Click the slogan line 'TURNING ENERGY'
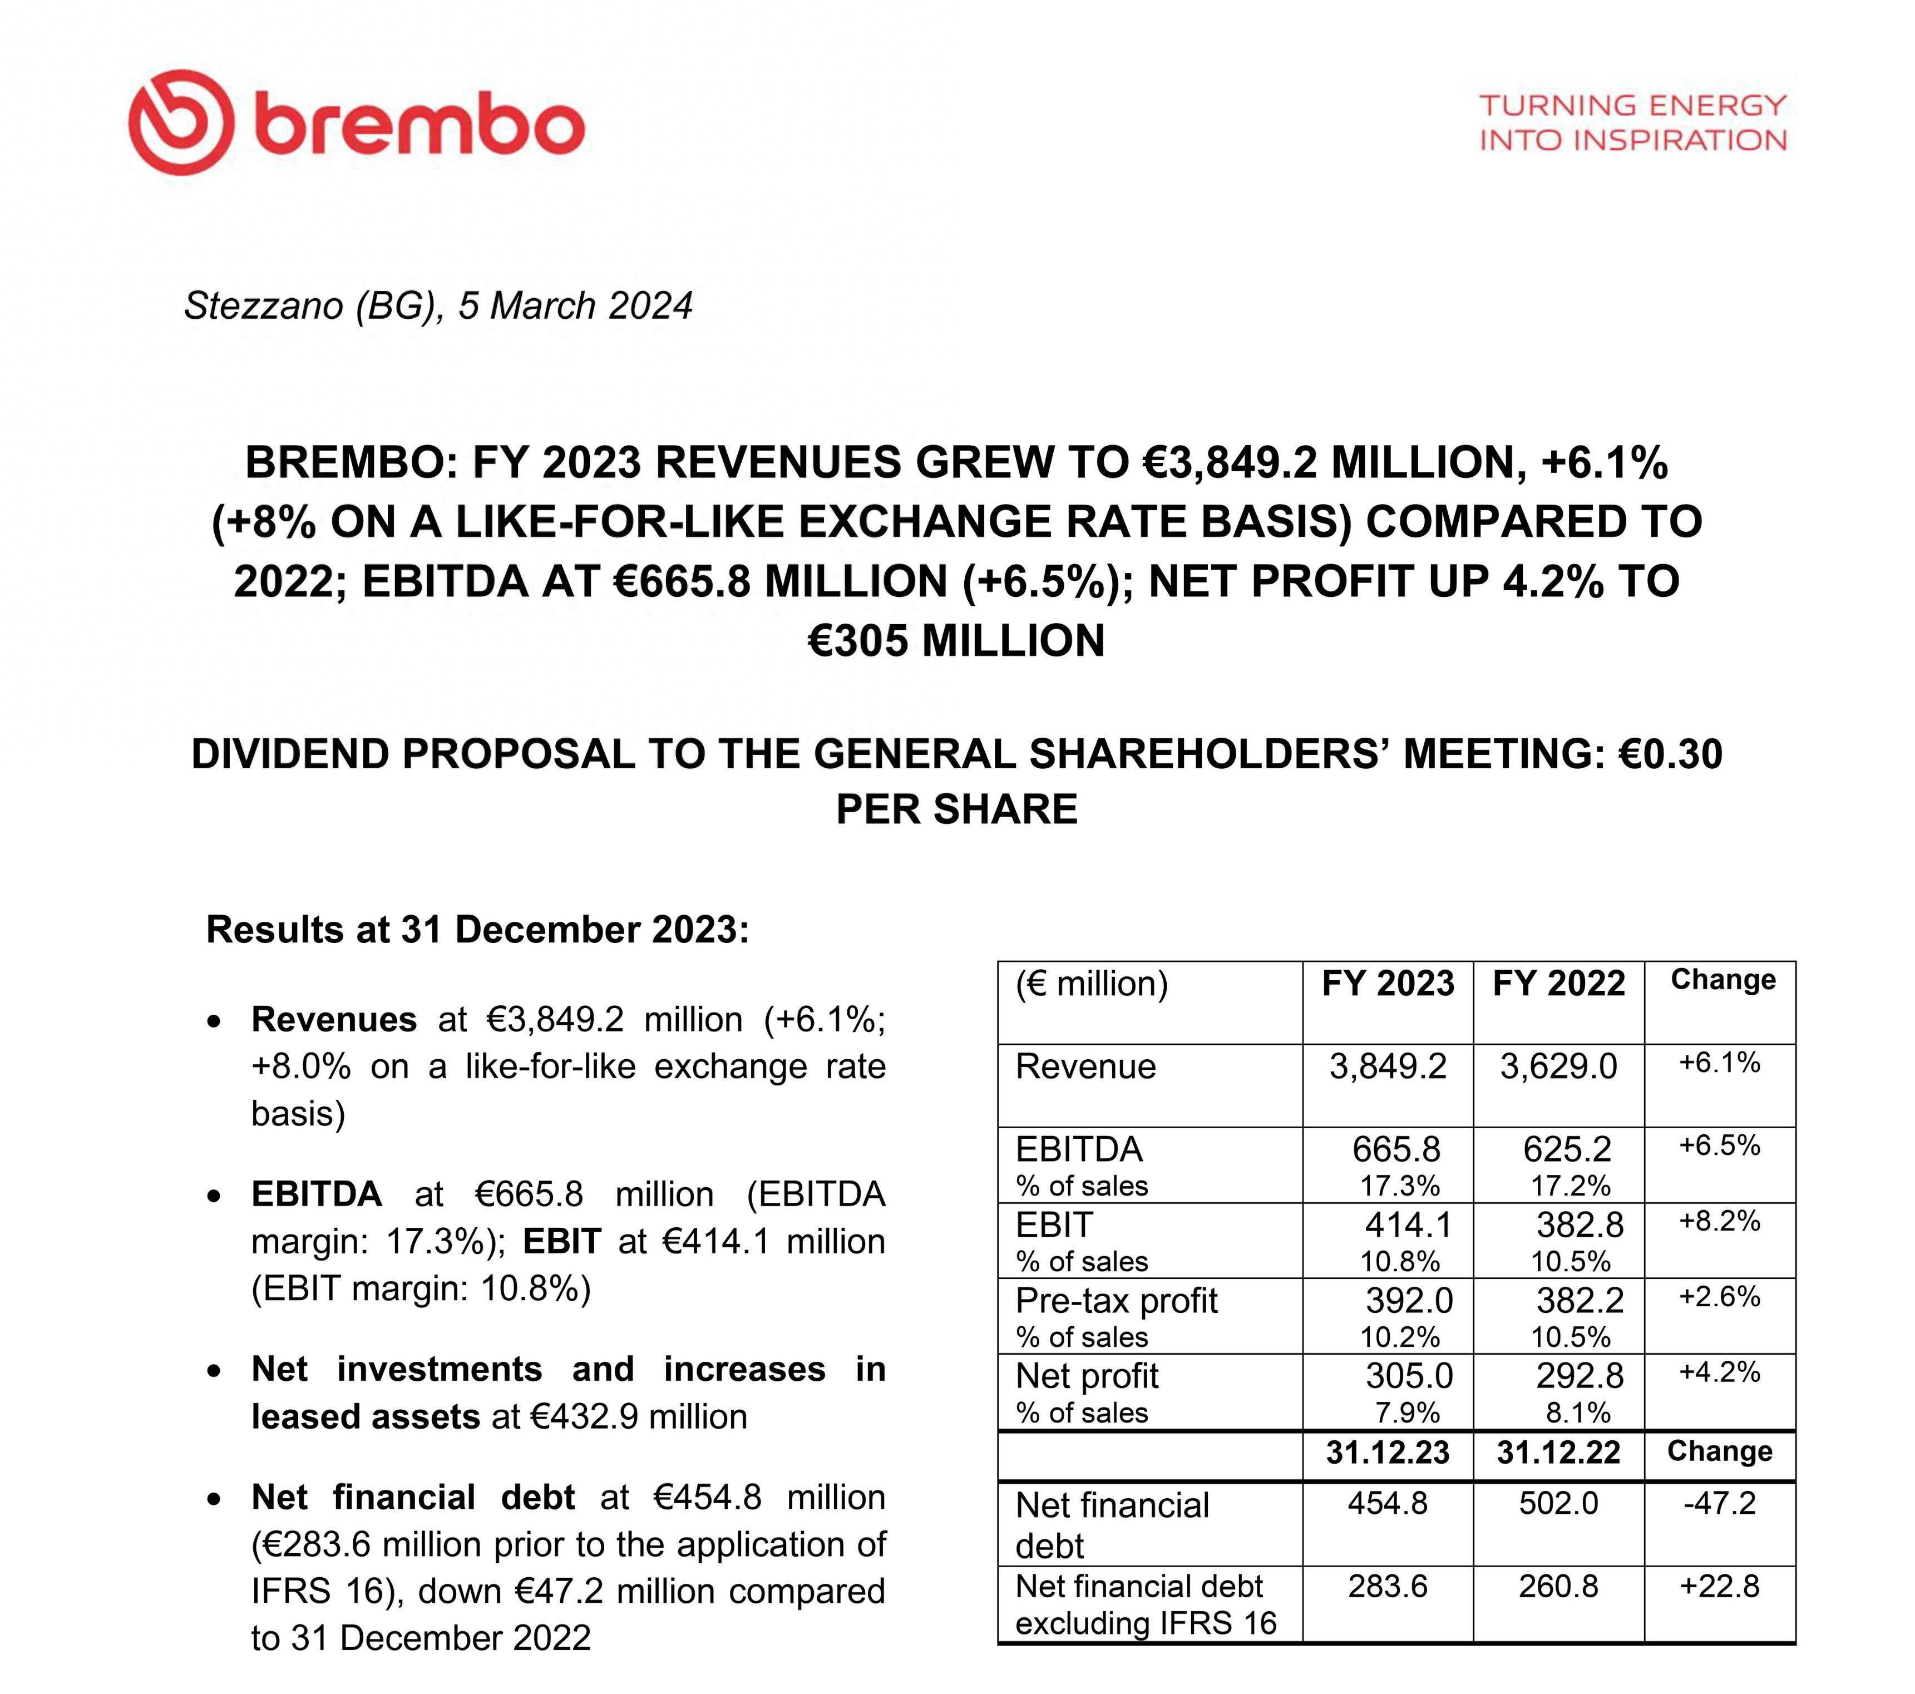1632,106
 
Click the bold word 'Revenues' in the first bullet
333,1019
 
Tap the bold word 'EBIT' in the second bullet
561,1242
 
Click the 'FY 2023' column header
1388,984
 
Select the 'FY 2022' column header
1558,984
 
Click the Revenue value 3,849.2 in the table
1388,1067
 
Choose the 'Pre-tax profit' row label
1116,1301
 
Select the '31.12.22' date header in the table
1558,1452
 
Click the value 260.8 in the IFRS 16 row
1558,1586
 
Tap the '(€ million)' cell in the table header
1092,984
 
